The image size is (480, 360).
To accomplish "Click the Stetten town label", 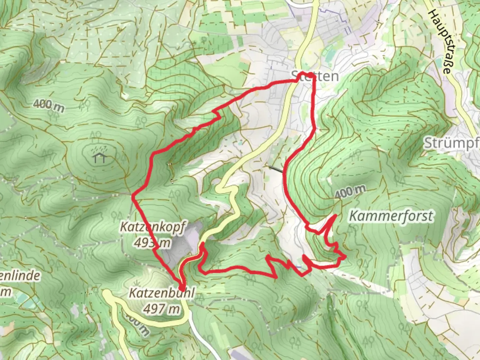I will coord(315,76).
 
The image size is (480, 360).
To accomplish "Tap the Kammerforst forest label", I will coord(391,216).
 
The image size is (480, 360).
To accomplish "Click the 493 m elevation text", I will coord(153,243).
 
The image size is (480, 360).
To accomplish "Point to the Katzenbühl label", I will coord(161,294).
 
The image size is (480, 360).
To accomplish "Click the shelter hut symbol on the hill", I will coord(100,158).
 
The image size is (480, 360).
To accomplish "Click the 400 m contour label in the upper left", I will coord(49,105).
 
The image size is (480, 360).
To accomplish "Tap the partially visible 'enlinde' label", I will coord(20,276).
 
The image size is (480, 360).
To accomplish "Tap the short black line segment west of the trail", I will coord(275,169).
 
